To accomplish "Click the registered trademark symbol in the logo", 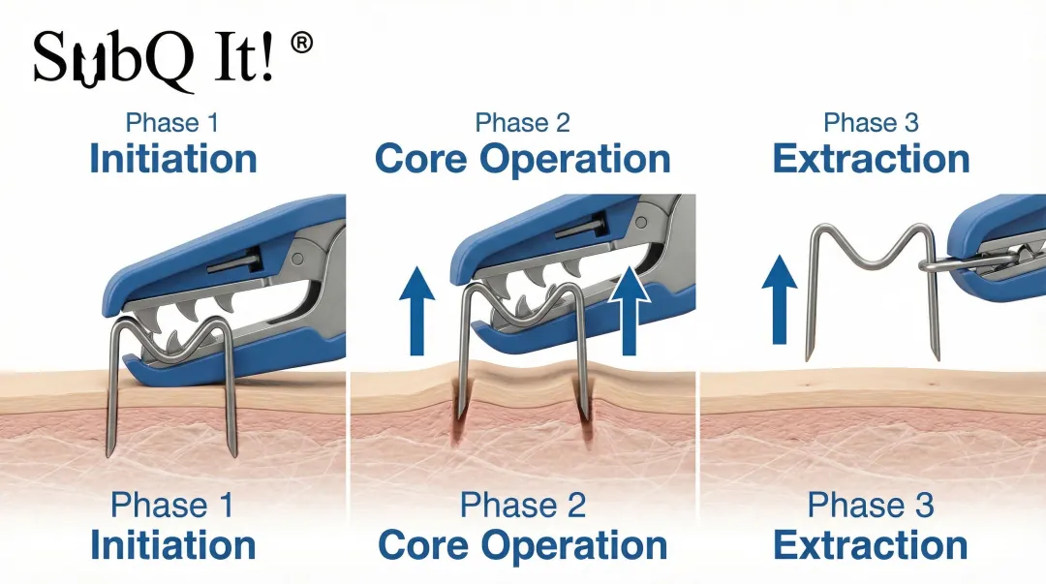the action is click(302, 44).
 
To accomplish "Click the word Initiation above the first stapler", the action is click(173, 160).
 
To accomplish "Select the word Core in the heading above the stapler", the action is click(420, 160).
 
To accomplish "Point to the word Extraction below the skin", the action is click(871, 545).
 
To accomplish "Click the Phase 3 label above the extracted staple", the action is click(871, 123).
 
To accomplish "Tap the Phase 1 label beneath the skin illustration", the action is click(172, 505).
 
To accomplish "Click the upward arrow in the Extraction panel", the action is click(779, 299).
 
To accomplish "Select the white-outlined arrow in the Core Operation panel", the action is click(630, 309).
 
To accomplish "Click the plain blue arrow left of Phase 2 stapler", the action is click(416, 310).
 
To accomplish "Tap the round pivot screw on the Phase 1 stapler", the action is click(297, 260).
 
